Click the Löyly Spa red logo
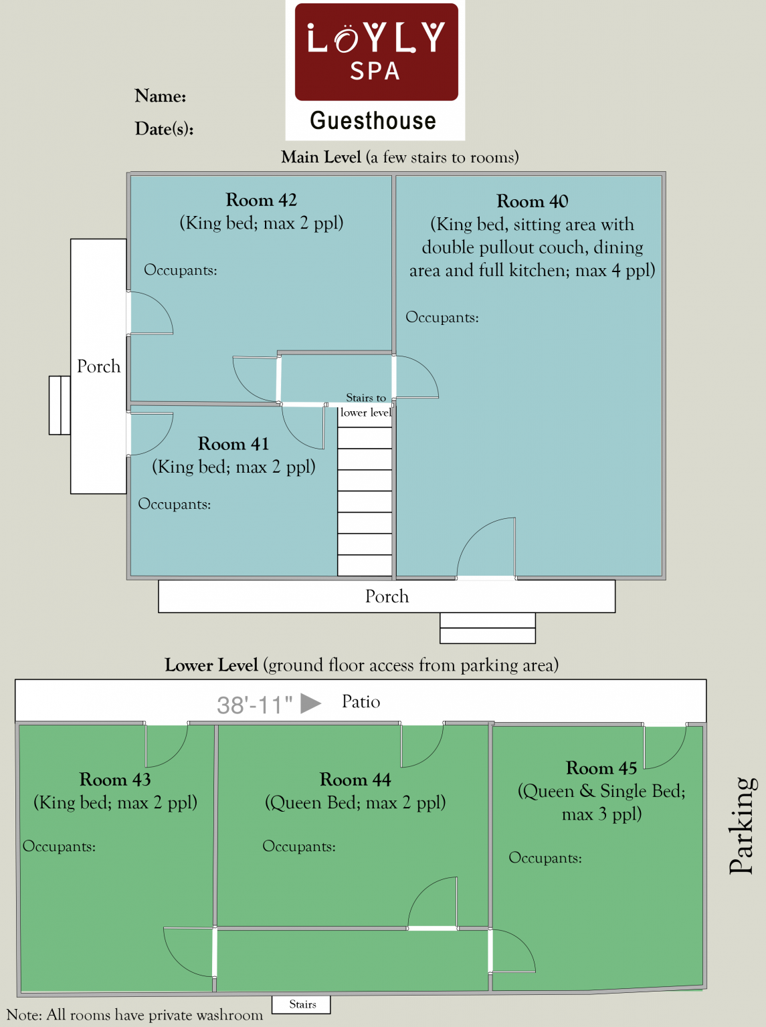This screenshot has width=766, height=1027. (x=376, y=52)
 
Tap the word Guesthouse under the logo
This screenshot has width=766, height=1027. (x=373, y=121)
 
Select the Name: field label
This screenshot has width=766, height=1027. (x=161, y=96)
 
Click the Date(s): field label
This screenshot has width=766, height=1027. (x=165, y=128)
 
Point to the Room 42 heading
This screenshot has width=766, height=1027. (x=261, y=200)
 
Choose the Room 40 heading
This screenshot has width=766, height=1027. (x=532, y=201)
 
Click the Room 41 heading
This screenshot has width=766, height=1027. (x=233, y=443)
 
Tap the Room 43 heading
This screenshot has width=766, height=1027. (x=115, y=780)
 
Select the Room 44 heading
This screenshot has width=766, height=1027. (x=355, y=780)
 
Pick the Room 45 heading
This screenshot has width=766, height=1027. (x=601, y=768)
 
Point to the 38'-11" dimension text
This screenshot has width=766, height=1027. (x=255, y=705)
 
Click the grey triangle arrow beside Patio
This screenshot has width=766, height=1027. (x=310, y=703)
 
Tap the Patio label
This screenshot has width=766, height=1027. (x=361, y=702)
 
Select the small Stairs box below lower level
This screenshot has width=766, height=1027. (x=301, y=1004)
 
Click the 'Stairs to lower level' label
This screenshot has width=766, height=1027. (x=365, y=405)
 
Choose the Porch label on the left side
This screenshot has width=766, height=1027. (x=99, y=366)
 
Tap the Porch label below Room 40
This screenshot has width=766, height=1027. (x=387, y=596)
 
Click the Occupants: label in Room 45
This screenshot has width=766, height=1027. (x=545, y=858)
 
